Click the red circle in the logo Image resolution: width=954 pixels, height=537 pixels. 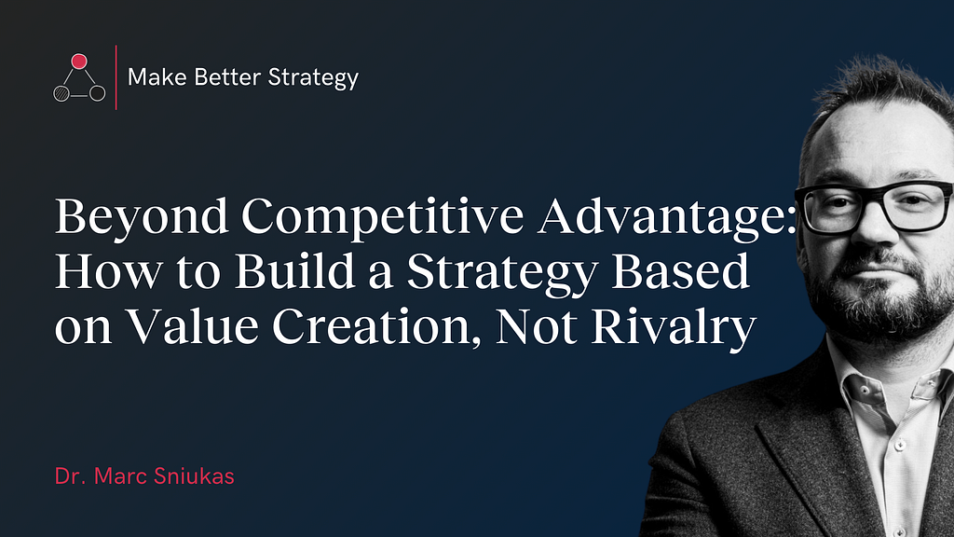coord(79,62)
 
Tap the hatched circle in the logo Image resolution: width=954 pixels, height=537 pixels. coord(61,94)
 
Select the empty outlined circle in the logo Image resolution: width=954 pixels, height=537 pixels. coord(97,93)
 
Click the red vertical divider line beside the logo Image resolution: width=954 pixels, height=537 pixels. coord(116,77)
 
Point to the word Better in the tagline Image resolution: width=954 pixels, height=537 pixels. coord(219,77)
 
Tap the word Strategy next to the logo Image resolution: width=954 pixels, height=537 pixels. coord(313,78)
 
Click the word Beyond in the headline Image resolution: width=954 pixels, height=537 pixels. coord(142,217)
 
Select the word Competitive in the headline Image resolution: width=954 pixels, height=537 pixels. coord(383,217)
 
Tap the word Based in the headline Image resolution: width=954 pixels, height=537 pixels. coord(680,271)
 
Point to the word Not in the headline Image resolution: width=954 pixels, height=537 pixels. coord(537,326)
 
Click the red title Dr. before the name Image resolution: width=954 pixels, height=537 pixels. coord(70,476)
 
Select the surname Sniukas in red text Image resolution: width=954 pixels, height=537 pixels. coord(194,476)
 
